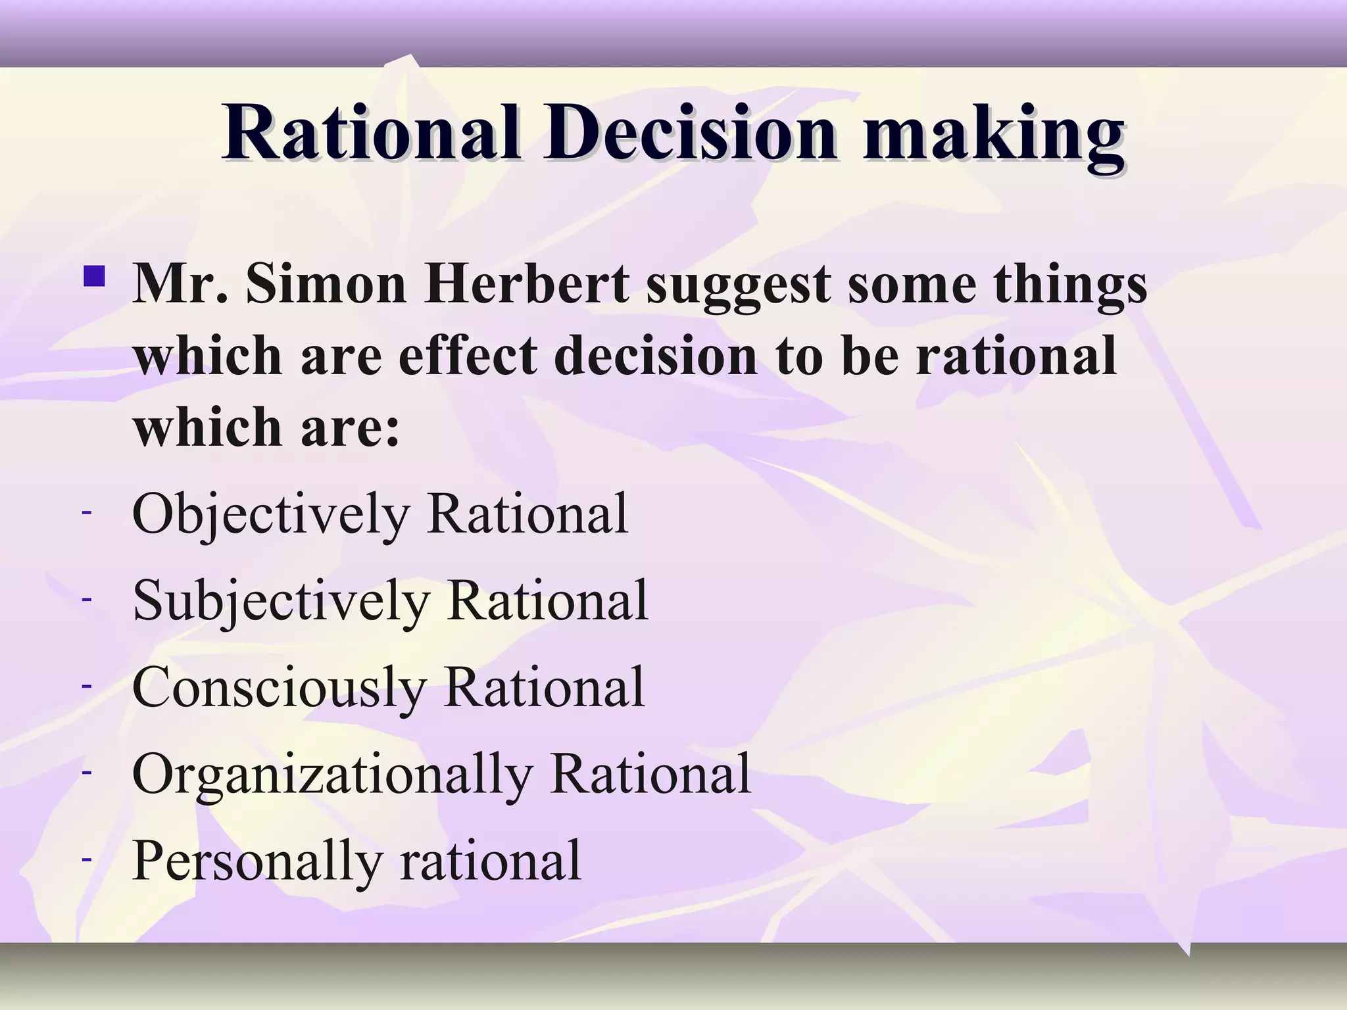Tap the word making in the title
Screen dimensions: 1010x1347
click(993, 135)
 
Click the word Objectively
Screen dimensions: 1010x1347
click(270, 515)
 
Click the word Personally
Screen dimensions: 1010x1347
click(257, 862)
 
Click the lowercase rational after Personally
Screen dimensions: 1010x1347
click(490, 861)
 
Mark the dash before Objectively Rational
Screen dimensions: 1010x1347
click(86, 511)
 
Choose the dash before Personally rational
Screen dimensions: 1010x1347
click(86, 858)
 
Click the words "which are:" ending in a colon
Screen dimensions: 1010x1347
click(266, 427)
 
